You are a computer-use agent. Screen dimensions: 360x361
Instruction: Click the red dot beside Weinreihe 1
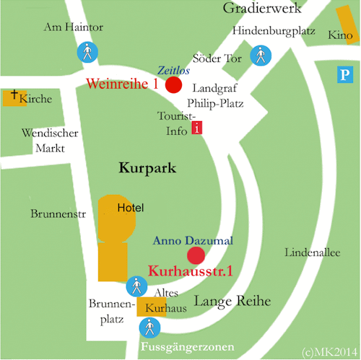[173, 85]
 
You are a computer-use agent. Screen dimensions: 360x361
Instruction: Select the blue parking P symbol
[347, 74]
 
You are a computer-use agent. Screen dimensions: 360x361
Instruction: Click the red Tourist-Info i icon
[197, 129]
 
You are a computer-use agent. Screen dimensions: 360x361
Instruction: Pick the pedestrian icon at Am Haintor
[86, 53]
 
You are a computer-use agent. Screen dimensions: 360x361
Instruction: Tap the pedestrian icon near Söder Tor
[260, 55]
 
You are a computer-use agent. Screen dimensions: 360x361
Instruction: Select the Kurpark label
[147, 168]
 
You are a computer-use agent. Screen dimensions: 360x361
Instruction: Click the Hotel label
[131, 208]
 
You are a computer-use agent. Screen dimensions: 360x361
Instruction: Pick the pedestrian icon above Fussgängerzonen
[149, 329]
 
